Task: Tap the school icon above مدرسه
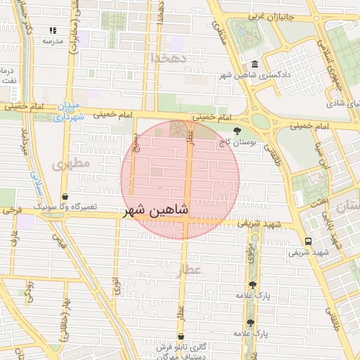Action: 53,31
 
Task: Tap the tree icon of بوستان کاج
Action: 236,131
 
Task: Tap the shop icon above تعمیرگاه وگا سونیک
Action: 65,197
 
